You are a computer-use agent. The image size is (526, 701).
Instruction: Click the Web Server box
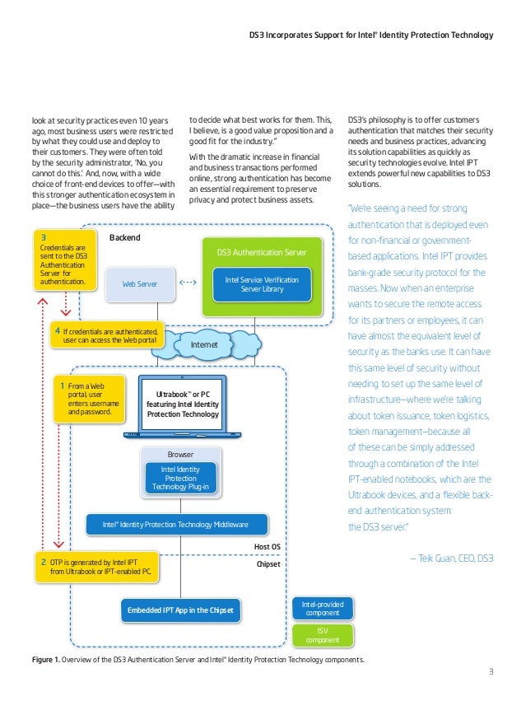pyautogui.click(x=140, y=283)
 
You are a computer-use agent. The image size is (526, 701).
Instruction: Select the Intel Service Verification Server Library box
pyautogui.click(x=262, y=285)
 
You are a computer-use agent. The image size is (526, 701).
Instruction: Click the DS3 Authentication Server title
pyautogui.click(x=262, y=250)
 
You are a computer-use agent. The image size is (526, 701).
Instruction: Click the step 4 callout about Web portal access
pyautogui.click(x=109, y=336)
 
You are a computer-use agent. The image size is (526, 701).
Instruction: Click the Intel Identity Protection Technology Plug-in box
pyautogui.click(x=180, y=477)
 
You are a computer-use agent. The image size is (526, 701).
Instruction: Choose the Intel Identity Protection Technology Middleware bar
pyautogui.click(x=179, y=523)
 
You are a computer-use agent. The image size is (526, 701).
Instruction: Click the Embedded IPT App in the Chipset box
pyautogui.click(x=180, y=610)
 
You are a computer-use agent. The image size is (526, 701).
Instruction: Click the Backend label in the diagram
pyautogui.click(x=125, y=237)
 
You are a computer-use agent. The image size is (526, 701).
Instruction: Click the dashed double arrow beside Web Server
pyautogui.click(x=188, y=283)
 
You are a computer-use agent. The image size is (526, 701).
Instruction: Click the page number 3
pyautogui.click(x=491, y=671)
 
